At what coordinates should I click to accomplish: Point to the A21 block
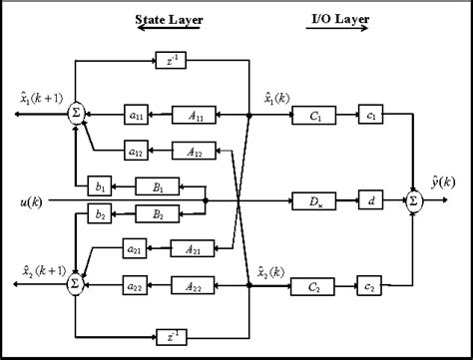click(x=192, y=247)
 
